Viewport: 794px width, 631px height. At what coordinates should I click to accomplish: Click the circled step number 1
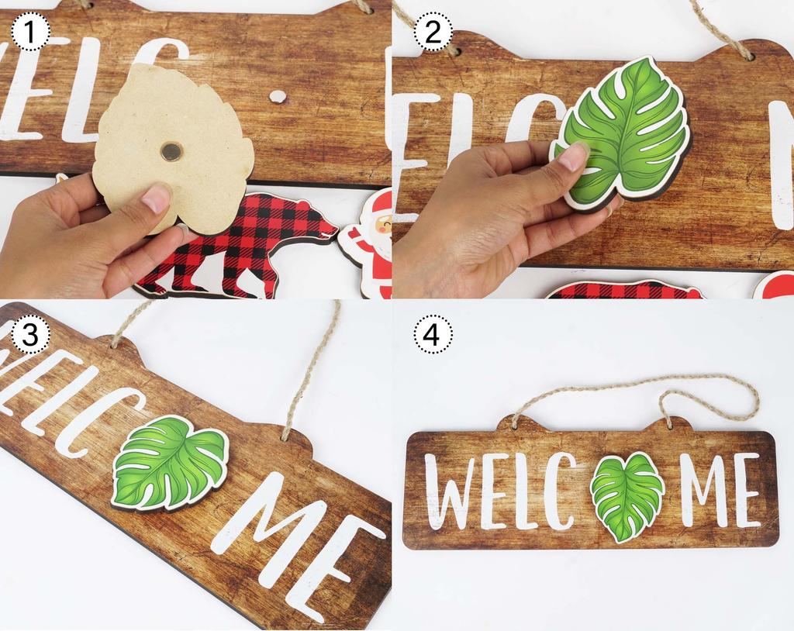[31, 33]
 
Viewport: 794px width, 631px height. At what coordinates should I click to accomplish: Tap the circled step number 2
[433, 33]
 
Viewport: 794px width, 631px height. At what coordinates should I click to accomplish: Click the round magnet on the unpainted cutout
[171, 151]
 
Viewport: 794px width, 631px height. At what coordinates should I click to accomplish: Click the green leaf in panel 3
[170, 463]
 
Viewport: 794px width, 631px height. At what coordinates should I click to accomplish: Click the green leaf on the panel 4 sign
[627, 496]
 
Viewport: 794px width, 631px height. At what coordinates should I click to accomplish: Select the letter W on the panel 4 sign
[448, 491]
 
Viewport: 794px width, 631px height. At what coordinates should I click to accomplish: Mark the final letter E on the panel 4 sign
[746, 491]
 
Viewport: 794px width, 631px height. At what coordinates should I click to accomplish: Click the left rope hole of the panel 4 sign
[516, 424]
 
